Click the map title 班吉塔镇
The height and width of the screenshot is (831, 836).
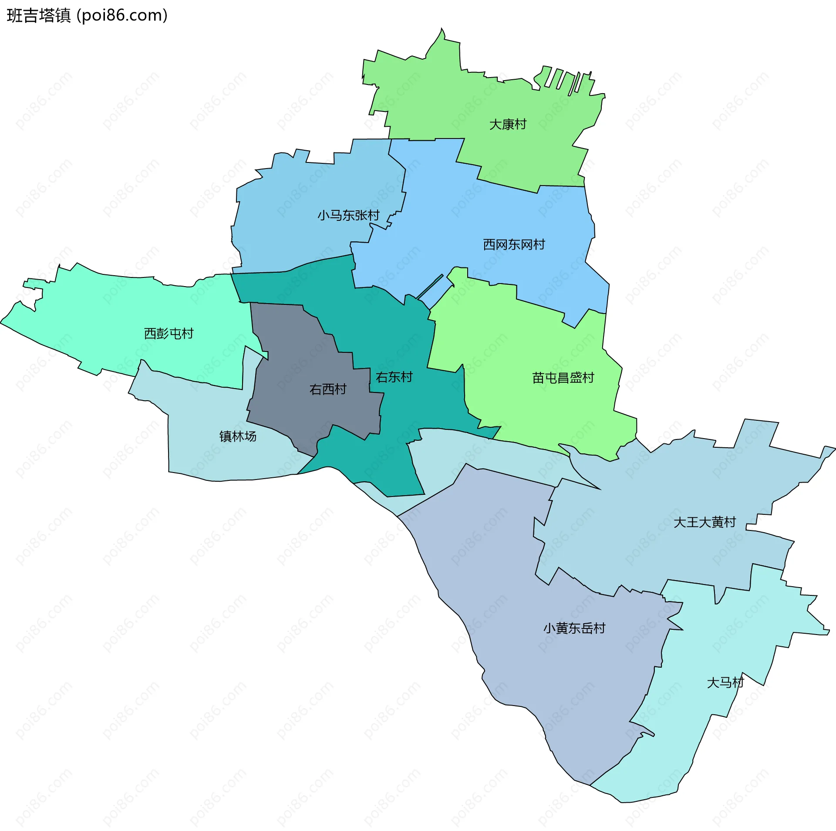pos(39,16)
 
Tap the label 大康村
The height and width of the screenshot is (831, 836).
pos(508,125)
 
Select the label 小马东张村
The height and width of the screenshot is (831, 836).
pos(348,215)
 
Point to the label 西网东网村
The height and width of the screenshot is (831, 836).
pos(514,245)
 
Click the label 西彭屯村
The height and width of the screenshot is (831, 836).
pos(169,334)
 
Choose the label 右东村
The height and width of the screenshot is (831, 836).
pos(394,377)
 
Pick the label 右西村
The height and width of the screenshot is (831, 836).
pos(328,389)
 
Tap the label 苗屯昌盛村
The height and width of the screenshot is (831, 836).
pos(563,378)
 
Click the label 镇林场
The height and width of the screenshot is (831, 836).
pos(238,436)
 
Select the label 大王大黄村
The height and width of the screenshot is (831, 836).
pos(705,522)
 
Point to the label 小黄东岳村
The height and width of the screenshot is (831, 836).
pos(574,628)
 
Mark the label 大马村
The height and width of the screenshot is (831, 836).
pos(725,682)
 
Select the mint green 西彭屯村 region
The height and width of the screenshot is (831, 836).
pos(131,314)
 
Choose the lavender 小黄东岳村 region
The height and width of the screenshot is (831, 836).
pos(522,588)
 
